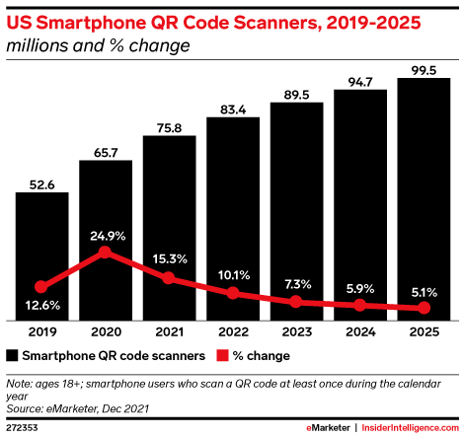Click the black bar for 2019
[41, 256]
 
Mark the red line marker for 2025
[423, 309]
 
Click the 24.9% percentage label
[105, 234]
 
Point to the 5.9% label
[359, 289]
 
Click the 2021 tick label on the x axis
[169, 333]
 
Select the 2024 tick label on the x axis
[359, 333]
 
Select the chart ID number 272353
[22, 429]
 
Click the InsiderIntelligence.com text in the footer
[412, 429]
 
